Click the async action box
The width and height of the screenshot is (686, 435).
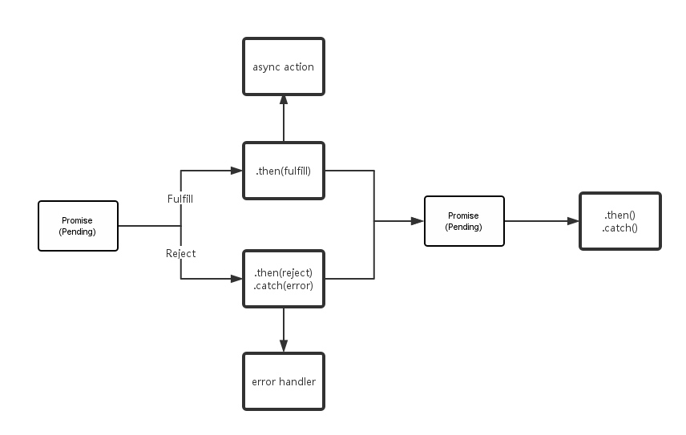click(284, 66)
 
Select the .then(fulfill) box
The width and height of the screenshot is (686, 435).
click(284, 171)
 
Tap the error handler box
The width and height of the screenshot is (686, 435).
click(284, 381)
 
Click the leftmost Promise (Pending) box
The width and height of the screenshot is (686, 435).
click(78, 226)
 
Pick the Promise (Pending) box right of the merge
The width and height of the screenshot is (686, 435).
click(464, 221)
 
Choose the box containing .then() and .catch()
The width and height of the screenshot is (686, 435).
click(620, 221)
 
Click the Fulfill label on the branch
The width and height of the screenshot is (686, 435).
click(180, 199)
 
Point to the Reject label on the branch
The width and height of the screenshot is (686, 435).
click(180, 254)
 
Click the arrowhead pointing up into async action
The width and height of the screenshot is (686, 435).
click(284, 100)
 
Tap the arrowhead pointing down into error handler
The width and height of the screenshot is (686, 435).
click(284, 347)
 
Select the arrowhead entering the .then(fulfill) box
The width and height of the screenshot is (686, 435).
click(236, 171)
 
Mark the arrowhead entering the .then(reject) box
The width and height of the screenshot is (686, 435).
click(236, 279)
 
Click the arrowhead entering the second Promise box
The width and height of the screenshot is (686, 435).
click(418, 221)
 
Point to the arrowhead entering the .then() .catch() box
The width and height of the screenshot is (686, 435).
click(573, 221)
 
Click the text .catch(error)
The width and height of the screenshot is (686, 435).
click(284, 285)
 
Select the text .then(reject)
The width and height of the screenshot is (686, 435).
click(284, 273)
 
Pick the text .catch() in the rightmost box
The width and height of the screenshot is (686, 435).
click(620, 228)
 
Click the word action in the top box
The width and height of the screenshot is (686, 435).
click(299, 66)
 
